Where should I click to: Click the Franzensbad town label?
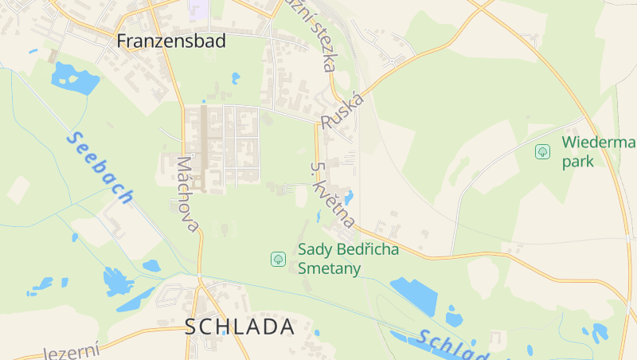171,41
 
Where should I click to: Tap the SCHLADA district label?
240,327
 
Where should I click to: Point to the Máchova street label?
188,193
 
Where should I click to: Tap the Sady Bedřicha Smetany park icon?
278,258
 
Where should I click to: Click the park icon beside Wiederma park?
542,151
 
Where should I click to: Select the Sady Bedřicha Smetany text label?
348,258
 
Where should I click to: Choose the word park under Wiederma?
578,161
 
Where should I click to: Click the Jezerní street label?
72,351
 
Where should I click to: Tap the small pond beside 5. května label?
348,198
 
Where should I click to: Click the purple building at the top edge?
199,9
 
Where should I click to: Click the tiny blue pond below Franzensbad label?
235,78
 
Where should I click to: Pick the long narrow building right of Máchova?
204,147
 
